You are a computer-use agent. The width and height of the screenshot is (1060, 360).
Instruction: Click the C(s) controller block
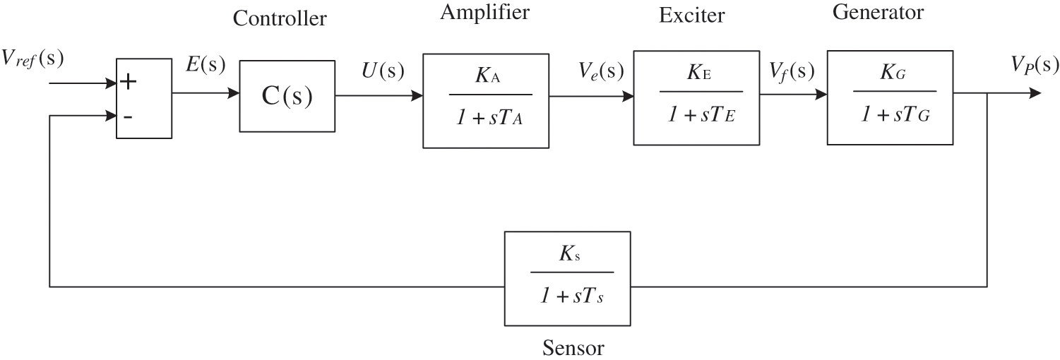[287, 96]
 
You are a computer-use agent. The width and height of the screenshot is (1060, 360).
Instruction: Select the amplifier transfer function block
[487, 100]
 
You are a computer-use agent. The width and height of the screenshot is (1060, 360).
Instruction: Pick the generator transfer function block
[893, 97]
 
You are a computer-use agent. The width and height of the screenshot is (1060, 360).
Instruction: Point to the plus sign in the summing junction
[128, 81]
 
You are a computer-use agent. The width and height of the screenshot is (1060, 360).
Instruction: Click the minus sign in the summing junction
[128, 116]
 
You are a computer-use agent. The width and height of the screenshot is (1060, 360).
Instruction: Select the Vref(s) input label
[32, 60]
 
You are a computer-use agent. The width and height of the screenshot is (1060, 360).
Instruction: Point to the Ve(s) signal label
[601, 70]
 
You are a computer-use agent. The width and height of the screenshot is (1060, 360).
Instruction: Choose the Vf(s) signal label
[792, 70]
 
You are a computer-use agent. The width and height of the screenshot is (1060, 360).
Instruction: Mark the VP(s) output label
[1035, 66]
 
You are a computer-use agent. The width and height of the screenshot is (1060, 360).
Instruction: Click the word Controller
[280, 19]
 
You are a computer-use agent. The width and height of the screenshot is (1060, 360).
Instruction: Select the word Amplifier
[484, 12]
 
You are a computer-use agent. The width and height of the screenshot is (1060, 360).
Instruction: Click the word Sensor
[573, 347]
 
